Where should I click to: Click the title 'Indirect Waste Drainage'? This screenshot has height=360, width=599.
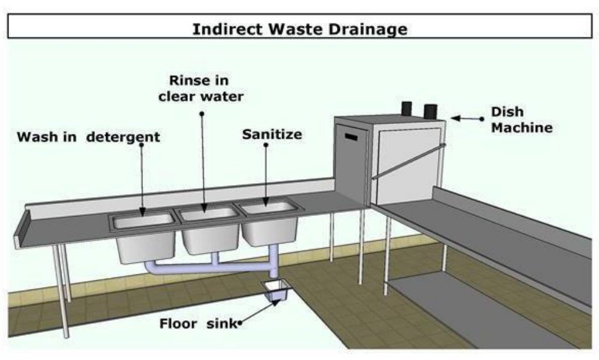click(299, 28)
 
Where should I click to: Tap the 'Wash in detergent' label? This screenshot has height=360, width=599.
click(89, 137)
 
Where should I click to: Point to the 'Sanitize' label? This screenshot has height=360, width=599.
click(272, 134)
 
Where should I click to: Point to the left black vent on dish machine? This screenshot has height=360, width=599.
click(407, 109)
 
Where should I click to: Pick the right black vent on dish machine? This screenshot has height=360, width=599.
click(431, 111)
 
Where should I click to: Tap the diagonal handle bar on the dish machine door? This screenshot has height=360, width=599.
click(408, 162)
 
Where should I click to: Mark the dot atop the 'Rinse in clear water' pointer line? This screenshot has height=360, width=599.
click(202, 113)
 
